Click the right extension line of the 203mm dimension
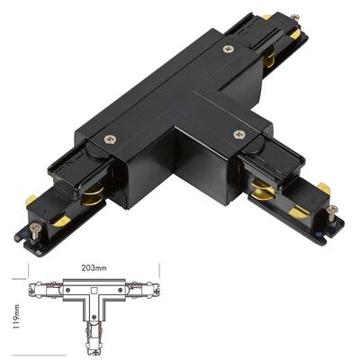[158, 270]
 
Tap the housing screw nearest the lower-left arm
[111, 140]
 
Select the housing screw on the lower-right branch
[238, 135]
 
